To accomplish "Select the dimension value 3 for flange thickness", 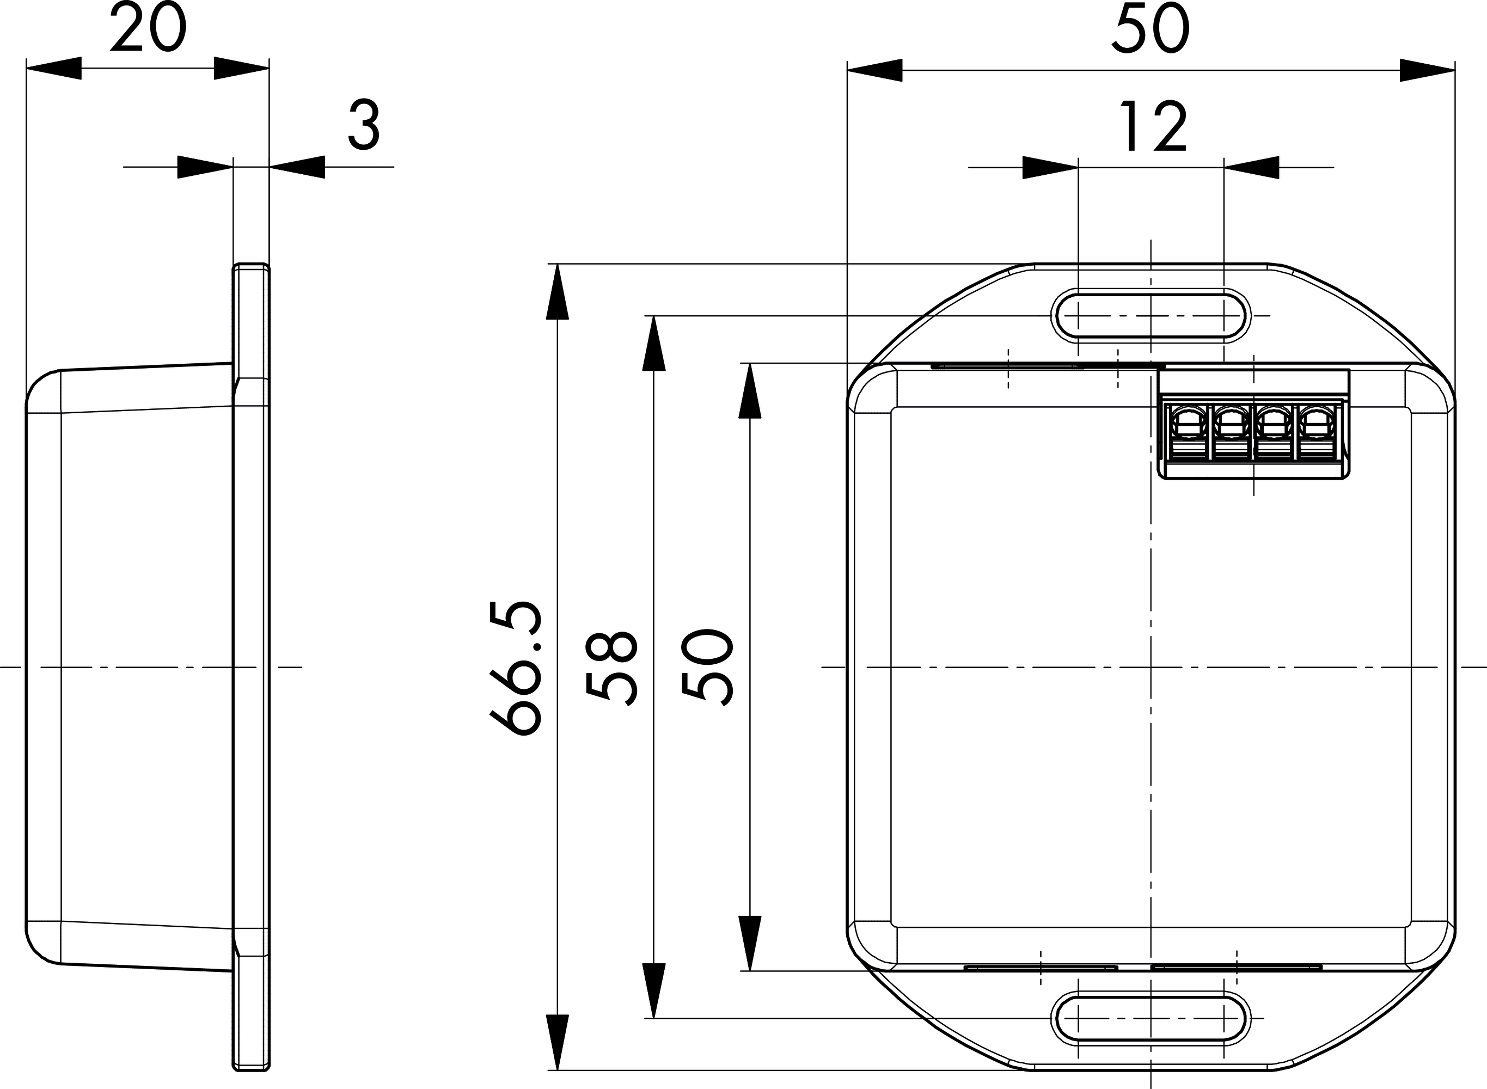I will pos(364,125).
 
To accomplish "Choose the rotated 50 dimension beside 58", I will pos(707,668).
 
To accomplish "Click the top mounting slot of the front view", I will pos(1151,316).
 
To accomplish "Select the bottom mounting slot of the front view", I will pos(1151,1018).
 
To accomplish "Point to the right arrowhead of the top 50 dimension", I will pos(1427,70).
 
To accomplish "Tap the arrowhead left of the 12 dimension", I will pos(1050,168).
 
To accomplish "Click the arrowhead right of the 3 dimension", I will pos(297,167).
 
